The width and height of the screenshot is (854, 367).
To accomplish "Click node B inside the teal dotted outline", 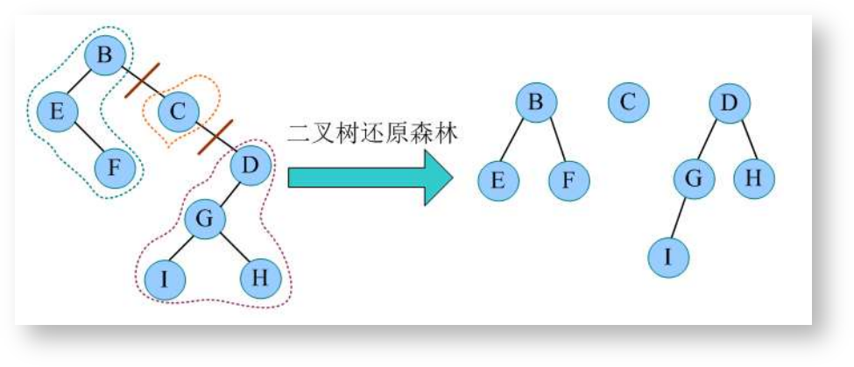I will click(105, 57).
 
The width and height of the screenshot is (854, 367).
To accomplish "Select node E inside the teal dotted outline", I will click(58, 111).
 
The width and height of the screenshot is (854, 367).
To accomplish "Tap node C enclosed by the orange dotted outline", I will click(179, 110).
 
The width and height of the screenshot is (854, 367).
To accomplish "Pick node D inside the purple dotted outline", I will click(251, 165).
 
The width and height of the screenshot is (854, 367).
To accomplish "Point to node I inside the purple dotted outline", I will click(165, 279).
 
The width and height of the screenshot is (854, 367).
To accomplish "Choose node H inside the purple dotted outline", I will click(260, 279).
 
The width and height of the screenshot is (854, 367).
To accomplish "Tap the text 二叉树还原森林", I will click(373, 133).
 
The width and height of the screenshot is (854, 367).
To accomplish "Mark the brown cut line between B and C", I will click(142, 80).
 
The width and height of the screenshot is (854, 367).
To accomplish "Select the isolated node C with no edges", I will click(627, 102).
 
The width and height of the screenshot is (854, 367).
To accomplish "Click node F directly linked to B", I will click(569, 181).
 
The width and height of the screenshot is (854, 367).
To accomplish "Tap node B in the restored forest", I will click(536, 102).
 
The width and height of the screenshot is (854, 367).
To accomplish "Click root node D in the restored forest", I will click(730, 104).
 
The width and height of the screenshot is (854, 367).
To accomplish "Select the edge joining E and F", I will click(86, 139).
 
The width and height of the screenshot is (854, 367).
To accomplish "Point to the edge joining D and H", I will click(743, 140).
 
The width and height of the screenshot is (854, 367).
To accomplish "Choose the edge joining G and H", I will click(232, 250).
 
